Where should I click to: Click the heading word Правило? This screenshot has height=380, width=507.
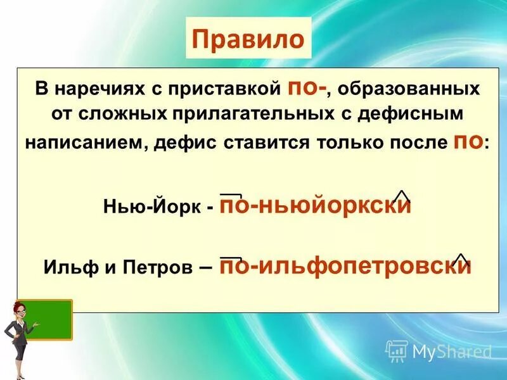click(x=249, y=40)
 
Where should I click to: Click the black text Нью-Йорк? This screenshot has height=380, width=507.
click(x=153, y=208)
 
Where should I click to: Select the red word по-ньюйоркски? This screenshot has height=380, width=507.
click(x=316, y=206)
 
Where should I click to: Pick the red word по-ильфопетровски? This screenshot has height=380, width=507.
click(x=345, y=266)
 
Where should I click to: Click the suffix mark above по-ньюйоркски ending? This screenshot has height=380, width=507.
click(x=402, y=196)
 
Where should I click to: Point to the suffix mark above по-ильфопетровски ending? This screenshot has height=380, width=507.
click(x=461, y=258)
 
